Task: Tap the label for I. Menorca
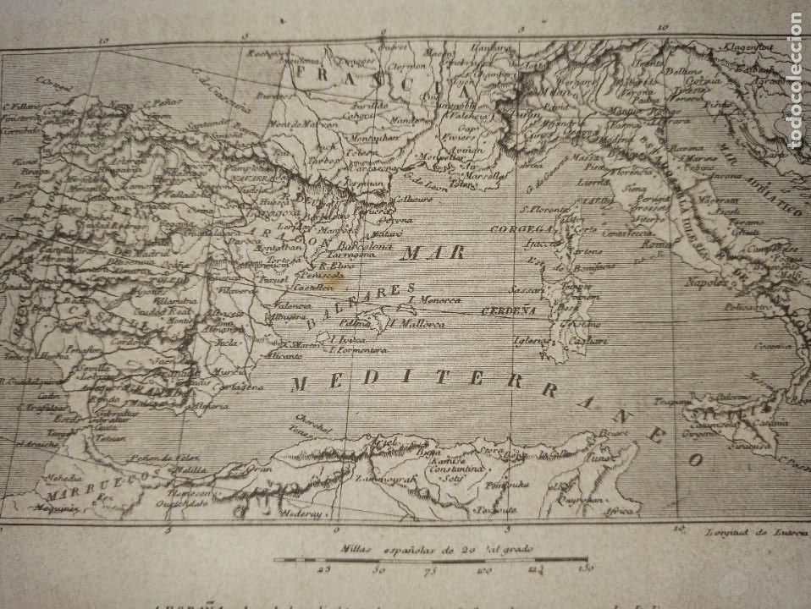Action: pyautogui.click(x=435, y=299)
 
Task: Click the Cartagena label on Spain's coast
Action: pyautogui.click(x=243, y=387)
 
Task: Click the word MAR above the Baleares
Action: pyautogui.click(x=422, y=252)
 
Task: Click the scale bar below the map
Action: pyautogui.click(x=430, y=559)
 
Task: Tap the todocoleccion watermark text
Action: pyautogui.click(x=795, y=80)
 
